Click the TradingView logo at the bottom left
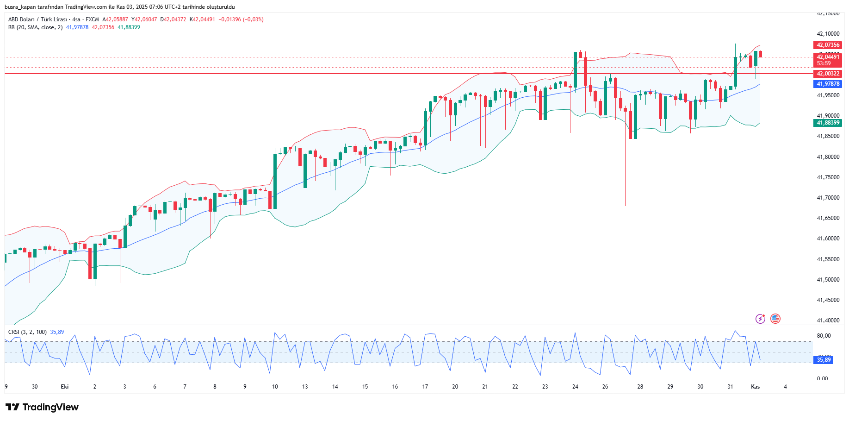42,407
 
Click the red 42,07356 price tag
828,45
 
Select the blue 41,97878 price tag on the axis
828,84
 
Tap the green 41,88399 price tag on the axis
828,123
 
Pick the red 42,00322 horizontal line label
828,74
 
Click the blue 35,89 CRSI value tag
824,359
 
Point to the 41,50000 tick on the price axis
828,280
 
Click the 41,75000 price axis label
828,177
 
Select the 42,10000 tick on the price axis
828,34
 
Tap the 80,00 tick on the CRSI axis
824,336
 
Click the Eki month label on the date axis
65,387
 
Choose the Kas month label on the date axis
755,387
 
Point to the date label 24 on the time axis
575,387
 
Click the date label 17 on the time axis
425,387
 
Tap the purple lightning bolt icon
760,319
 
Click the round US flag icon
775,319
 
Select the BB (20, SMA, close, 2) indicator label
35,27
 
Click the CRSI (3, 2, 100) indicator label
27,332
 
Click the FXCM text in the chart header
92,19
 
